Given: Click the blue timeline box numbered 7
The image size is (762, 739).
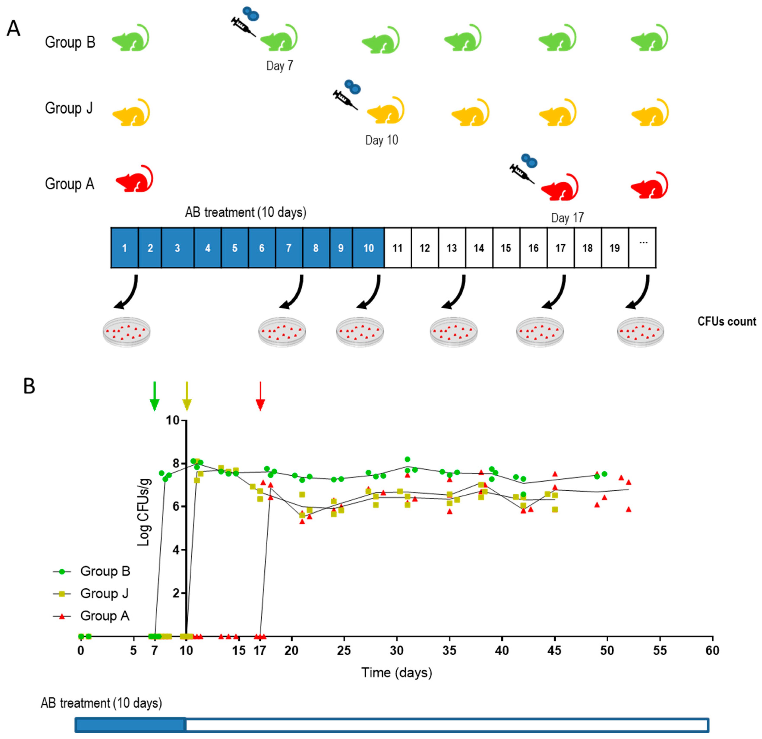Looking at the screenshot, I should (x=289, y=248).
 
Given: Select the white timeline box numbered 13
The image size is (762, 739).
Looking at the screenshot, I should (x=452, y=248).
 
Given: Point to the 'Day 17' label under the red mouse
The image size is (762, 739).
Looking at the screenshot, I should (x=567, y=218).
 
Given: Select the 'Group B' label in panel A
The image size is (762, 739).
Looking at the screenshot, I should (x=70, y=42).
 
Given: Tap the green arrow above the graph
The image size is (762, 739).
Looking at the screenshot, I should (x=155, y=396).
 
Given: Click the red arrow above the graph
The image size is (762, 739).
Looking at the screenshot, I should (x=260, y=396).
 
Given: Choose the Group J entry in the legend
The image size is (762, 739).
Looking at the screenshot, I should (x=104, y=593).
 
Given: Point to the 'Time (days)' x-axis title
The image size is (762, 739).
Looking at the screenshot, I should (x=397, y=673).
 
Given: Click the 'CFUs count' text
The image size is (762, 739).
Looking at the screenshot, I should (x=726, y=321).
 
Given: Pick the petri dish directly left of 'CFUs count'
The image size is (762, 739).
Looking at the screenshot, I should (x=640, y=331).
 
